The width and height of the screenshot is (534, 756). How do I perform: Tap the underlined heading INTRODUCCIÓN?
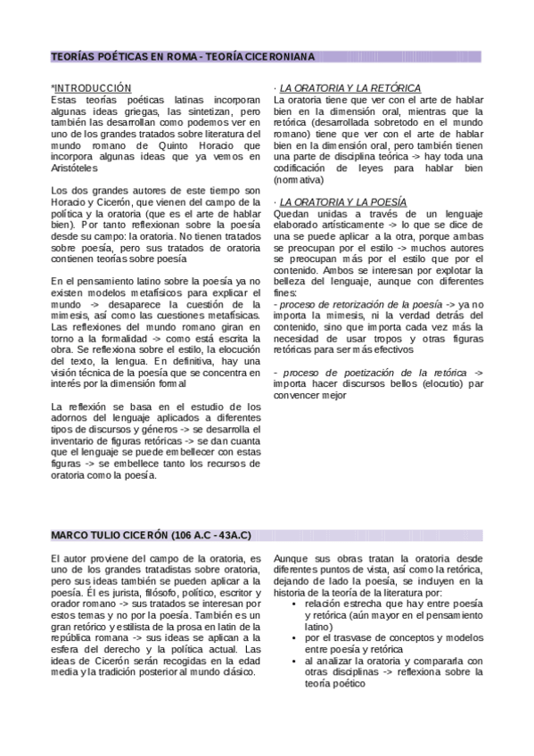click(x=94, y=88)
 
